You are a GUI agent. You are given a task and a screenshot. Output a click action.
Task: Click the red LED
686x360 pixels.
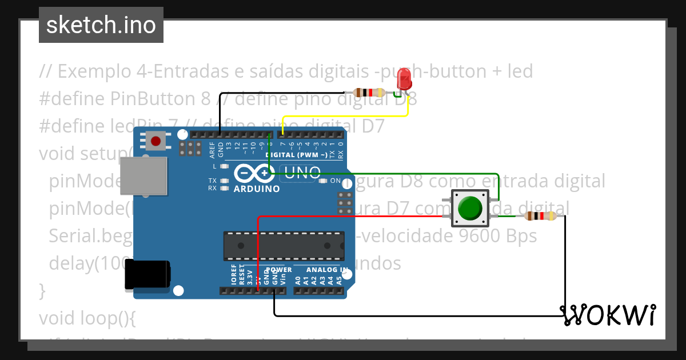(x=404, y=79)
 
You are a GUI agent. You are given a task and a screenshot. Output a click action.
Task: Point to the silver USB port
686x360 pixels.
(x=144, y=174)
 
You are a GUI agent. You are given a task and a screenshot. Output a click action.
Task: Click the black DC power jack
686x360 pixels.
(x=147, y=274)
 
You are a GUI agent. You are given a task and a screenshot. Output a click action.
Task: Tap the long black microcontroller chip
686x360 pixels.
(x=284, y=246)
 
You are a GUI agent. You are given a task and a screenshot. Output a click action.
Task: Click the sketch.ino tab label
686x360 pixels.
(x=101, y=25)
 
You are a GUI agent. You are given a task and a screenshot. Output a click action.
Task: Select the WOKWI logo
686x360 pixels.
(x=608, y=314)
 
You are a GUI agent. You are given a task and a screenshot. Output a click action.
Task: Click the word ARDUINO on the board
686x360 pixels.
(x=257, y=189)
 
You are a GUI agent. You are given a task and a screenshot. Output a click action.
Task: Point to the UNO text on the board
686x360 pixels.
(x=302, y=173)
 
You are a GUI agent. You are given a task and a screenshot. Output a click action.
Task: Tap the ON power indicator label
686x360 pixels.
(x=336, y=181)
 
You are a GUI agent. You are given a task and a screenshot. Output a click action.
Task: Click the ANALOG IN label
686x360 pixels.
(x=326, y=270)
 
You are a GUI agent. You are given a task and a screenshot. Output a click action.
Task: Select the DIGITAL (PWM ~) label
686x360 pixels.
(x=296, y=155)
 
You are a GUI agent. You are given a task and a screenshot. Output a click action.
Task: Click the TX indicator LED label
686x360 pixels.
(x=212, y=181)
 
